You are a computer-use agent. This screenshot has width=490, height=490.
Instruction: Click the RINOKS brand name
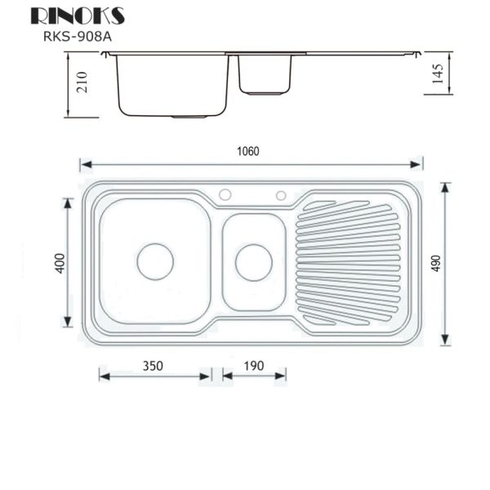coord(78,16)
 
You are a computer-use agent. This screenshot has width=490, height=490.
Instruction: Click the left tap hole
coord(225,195)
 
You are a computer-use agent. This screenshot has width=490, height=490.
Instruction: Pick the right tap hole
coord(281,195)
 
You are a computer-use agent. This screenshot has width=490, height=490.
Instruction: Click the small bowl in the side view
coord(266,74)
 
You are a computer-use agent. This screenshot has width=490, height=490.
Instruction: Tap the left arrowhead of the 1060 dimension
coord(83,165)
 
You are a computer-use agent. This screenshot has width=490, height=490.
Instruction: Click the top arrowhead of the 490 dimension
coord(445,186)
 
